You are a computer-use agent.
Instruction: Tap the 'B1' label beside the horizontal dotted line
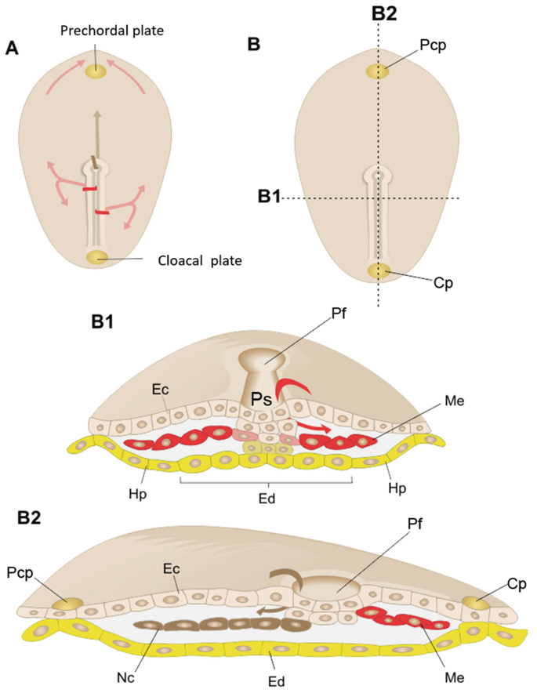coord(269,196)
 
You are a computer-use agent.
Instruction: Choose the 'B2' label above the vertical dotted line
coord(379,12)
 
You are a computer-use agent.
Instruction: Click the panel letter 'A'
coord(12,49)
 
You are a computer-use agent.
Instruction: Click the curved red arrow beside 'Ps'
coord(291,387)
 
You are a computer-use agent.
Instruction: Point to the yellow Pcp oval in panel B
coord(378,71)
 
